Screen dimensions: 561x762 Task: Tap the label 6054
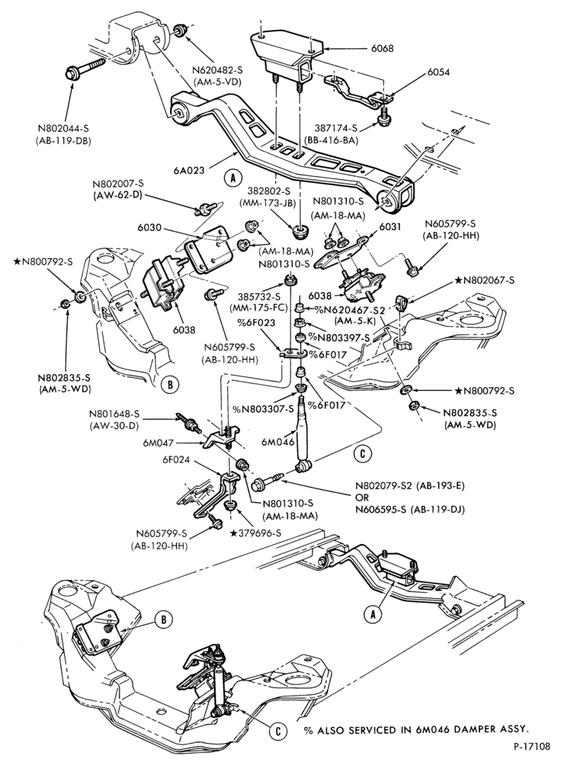point(438,72)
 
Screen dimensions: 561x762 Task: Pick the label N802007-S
point(119,185)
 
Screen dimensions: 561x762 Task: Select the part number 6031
point(388,227)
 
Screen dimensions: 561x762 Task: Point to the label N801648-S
point(114,415)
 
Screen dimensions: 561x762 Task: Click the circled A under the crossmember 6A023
point(232,178)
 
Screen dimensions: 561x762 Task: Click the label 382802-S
point(271,191)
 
